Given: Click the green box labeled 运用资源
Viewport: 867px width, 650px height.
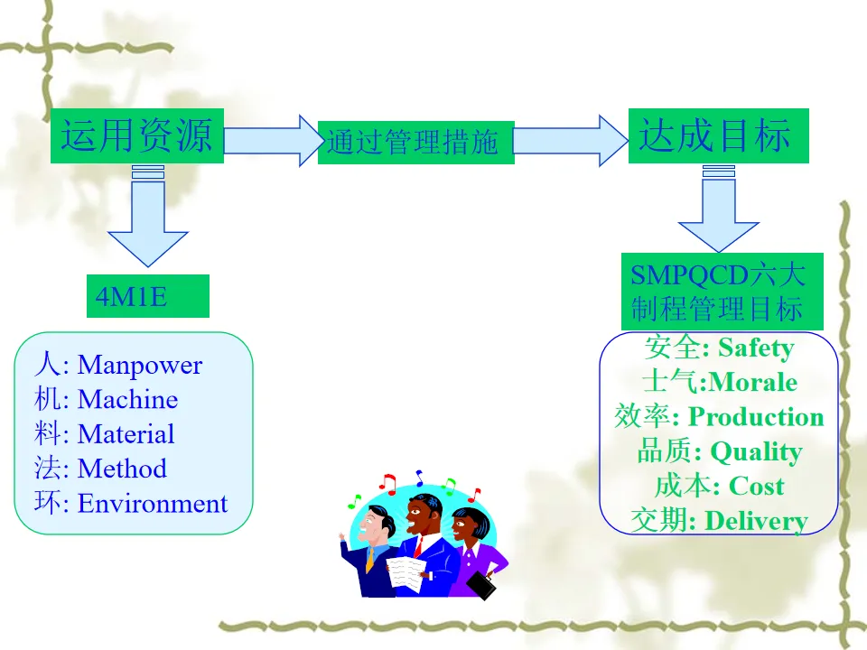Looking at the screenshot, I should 136,135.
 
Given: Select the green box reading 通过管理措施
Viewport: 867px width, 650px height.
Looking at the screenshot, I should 415,143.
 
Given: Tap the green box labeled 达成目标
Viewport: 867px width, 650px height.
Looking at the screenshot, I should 718,135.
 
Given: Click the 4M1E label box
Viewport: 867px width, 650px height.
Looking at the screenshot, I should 147,296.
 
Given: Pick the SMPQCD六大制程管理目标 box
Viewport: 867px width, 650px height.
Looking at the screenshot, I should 722,292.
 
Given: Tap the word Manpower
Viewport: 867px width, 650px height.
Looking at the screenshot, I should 140,365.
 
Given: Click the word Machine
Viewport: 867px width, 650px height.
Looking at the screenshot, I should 127,399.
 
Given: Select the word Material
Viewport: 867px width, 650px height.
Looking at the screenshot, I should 126,434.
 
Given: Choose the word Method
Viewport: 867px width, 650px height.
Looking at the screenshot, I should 122,469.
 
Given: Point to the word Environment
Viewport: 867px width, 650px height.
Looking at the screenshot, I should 153,503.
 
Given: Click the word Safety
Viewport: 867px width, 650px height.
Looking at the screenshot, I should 756,348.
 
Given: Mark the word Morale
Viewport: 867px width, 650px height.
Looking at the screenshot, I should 754,382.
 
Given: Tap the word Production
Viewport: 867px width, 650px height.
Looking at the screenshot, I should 756,417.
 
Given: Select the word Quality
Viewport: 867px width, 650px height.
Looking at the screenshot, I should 756,451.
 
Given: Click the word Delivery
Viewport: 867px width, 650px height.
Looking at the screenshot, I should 756,521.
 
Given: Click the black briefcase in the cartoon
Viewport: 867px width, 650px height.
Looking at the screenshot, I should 482,586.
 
